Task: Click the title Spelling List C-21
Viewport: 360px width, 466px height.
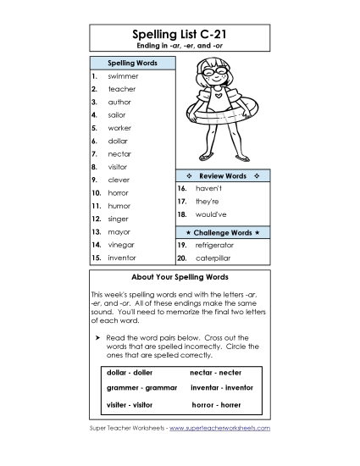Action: pyautogui.click(x=180, y=34)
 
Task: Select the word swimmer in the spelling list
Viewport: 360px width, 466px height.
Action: pyautogui.click(x=123, y=76)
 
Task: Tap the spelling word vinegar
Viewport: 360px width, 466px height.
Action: pyautogui.click(x=121, y=244)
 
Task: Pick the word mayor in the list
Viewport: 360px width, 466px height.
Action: pyautogui.click(x=119, y=231)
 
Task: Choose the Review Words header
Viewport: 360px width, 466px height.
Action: pyautogui.click(x=222, y=175)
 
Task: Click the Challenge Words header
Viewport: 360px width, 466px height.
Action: pyautogui.click(x=222, y=231)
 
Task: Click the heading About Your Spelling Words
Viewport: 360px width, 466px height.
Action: pyautogui.click(x=180, y=277)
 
